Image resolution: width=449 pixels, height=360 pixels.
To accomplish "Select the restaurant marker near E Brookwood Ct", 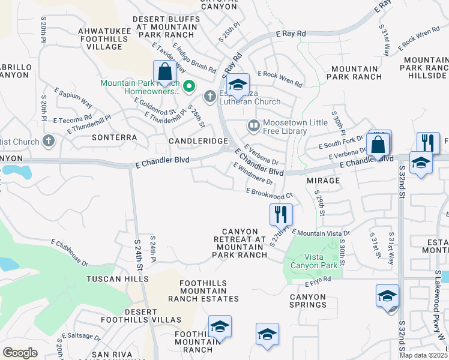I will pyautogui.click(x=281, y=214).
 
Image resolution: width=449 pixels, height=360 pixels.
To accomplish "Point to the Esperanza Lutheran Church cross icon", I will pyautogui.click(x=209, y=95).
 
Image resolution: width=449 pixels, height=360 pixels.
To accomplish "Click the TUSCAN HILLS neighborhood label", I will pyautogui.click(x=117, y=280).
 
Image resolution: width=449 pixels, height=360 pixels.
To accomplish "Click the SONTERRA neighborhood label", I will pyautogui.click(x=115, y=137).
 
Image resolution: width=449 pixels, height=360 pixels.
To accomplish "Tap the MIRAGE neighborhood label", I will pyautogui.click(x=324, y=180).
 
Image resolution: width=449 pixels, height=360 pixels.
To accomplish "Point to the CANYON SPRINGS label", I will pyautogui.click(x=308, y=301).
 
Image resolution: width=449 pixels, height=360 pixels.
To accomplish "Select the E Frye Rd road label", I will pyautogui.click(x=318, y=280).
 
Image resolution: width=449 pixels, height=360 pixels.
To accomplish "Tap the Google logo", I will pyautogui.click(x=20, y=353).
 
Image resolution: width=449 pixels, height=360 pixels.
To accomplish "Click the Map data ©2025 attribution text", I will pyautogui.click(x=424, y=355).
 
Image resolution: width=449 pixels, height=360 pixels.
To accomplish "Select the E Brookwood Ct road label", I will pyautogui.click(x=269, y=193).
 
